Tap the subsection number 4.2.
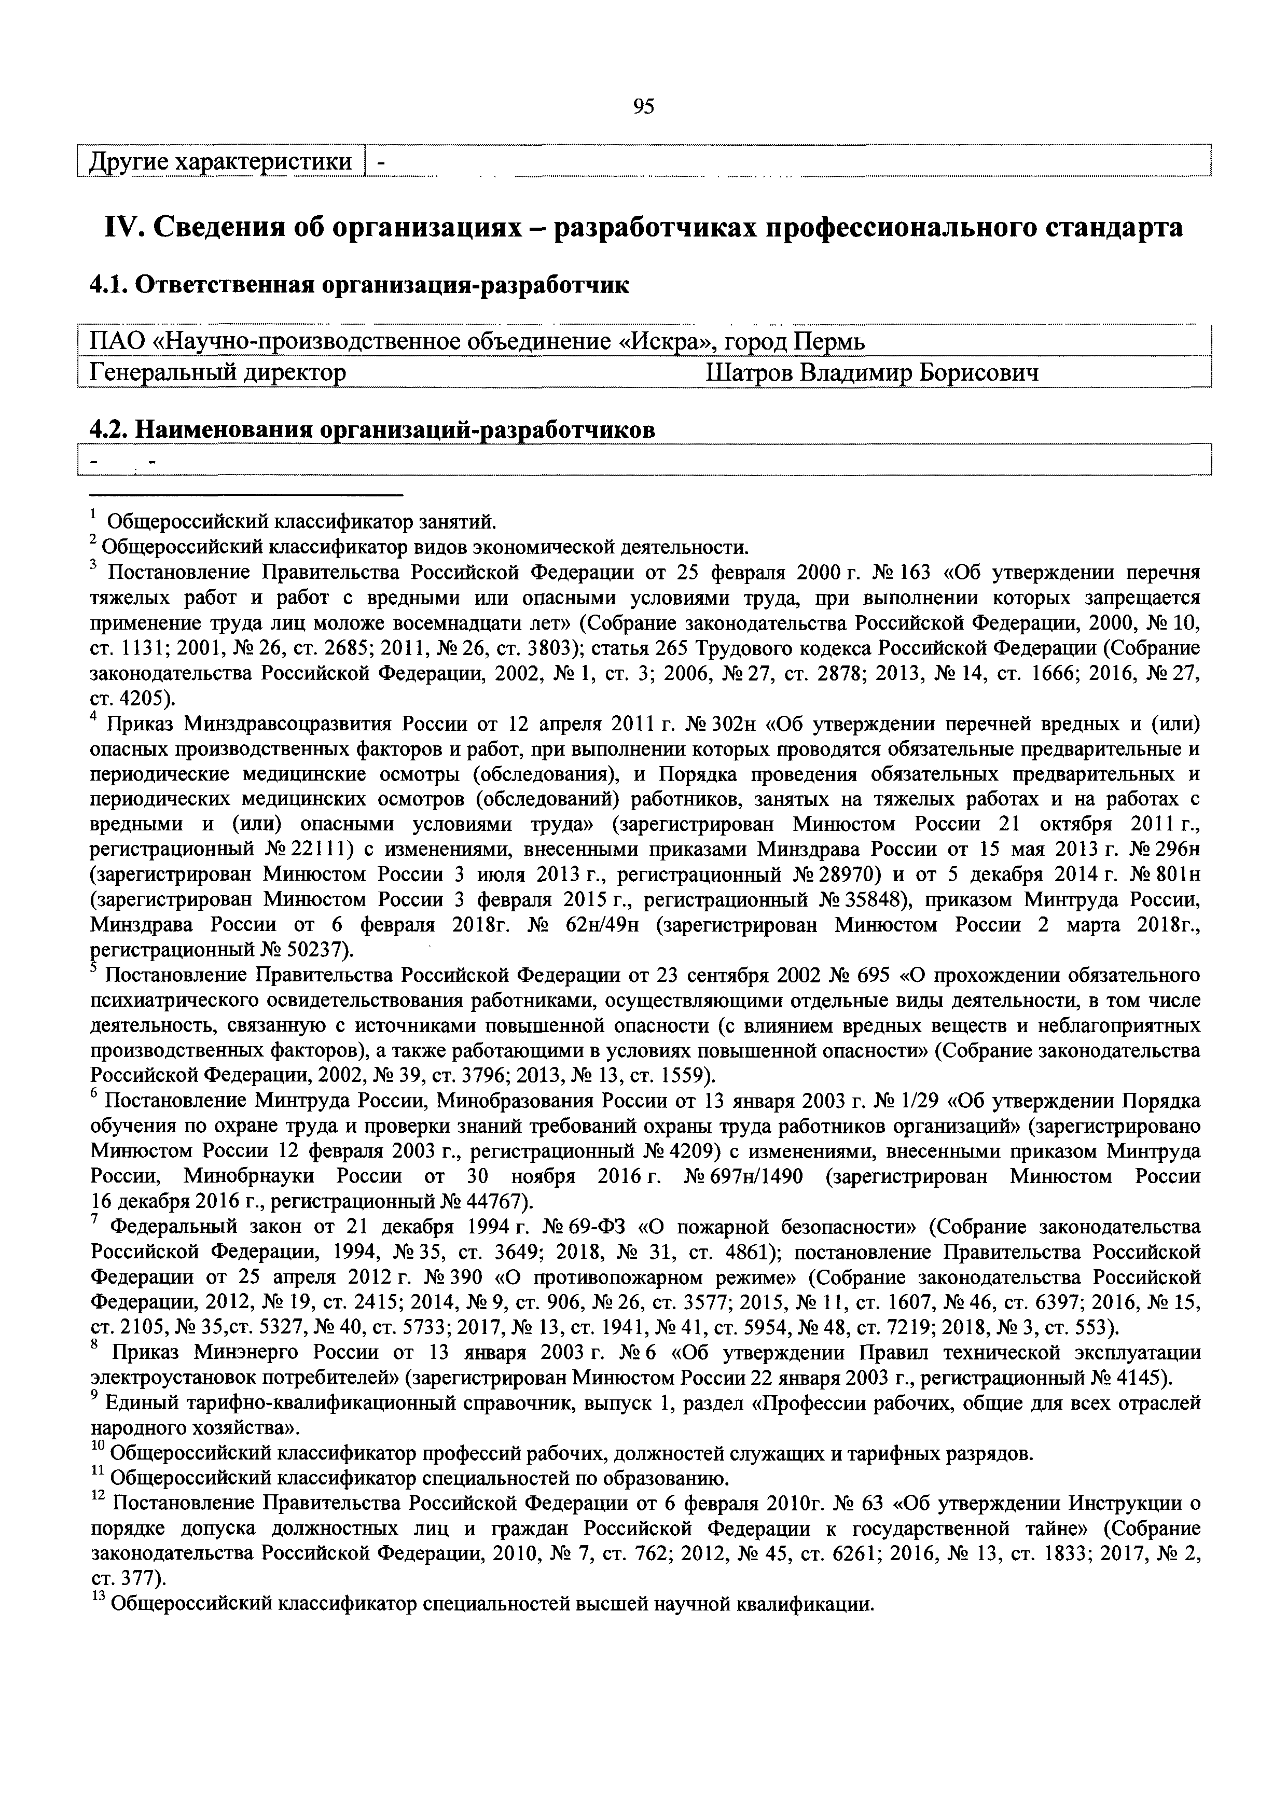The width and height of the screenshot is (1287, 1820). coord(108,429)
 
